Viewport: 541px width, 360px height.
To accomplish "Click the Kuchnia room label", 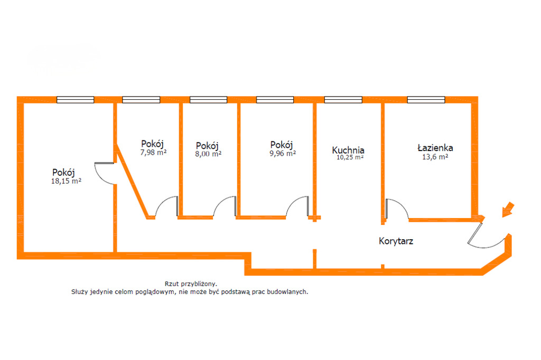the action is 348,150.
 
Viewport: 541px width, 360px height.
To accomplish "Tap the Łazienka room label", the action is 435,148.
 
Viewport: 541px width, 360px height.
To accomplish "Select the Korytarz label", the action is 396,241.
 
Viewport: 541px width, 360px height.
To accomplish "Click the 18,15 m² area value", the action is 66,181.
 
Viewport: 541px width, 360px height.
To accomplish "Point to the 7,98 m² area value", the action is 153,152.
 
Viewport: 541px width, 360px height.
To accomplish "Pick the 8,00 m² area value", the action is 208,154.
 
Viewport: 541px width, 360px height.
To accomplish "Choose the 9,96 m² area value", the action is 283,153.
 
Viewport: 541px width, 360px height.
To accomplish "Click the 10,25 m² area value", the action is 350,157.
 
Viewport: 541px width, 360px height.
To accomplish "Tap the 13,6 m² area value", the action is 435,157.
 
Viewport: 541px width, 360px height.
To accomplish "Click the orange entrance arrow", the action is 508,210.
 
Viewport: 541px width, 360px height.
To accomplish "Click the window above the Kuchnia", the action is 343,100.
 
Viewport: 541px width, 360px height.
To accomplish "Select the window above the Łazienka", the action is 426,100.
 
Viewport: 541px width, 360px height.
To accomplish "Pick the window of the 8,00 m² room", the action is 208,100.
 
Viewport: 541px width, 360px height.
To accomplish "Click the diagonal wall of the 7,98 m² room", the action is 133,182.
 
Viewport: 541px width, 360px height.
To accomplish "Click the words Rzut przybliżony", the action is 191,284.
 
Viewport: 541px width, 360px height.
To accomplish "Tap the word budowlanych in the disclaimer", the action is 287,292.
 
